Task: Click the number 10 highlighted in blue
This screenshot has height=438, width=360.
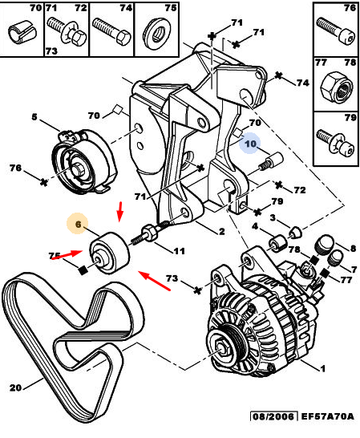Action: click(250, 144)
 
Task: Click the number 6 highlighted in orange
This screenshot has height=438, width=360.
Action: click(79, 224)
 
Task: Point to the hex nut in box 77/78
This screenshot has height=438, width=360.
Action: click(336, 87)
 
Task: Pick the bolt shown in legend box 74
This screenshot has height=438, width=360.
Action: click(111, 30)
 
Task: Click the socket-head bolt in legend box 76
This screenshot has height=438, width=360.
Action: click(336, 30)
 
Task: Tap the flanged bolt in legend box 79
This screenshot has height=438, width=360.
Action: click(335, 143)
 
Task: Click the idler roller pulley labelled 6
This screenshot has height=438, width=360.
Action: click(110, 253)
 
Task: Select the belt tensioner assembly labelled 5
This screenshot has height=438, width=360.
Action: click(83, 160)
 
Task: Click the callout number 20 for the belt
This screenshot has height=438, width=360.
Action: click(16, 387)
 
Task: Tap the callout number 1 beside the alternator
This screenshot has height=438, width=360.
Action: click(323, 369)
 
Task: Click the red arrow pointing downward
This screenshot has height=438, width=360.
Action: click(120, 211)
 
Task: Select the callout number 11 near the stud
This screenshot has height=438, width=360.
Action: click(179, 251)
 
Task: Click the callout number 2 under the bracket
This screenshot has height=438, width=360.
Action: click(222, 231)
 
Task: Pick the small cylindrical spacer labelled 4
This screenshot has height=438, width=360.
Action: click(277, 243)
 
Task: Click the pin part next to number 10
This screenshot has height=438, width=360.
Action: click(271, 162)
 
